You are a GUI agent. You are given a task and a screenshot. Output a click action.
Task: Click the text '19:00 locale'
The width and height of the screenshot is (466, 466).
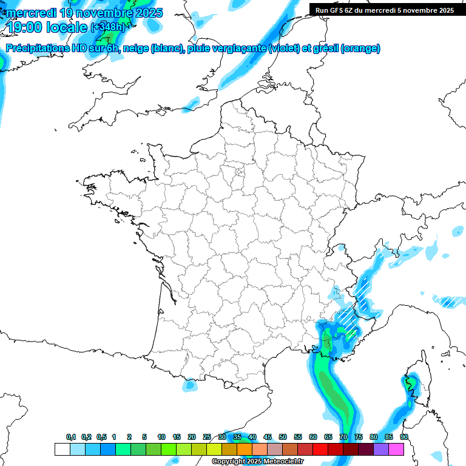47,27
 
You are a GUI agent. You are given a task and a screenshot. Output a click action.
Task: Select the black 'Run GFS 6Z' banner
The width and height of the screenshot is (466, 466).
385,10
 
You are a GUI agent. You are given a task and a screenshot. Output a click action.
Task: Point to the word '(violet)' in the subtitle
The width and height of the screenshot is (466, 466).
283,49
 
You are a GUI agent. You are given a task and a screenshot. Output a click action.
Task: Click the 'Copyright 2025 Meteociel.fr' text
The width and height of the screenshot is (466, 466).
257,462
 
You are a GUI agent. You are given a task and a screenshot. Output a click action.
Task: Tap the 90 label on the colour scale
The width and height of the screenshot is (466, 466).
404,437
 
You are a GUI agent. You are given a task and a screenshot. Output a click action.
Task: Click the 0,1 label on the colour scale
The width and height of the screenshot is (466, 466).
71,437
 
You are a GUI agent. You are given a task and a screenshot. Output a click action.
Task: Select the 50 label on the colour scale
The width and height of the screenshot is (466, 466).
283,437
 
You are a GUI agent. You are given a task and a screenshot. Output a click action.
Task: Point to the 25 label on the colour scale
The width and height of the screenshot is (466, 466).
207,437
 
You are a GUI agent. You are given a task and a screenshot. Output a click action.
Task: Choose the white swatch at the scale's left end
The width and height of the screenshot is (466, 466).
62,449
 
